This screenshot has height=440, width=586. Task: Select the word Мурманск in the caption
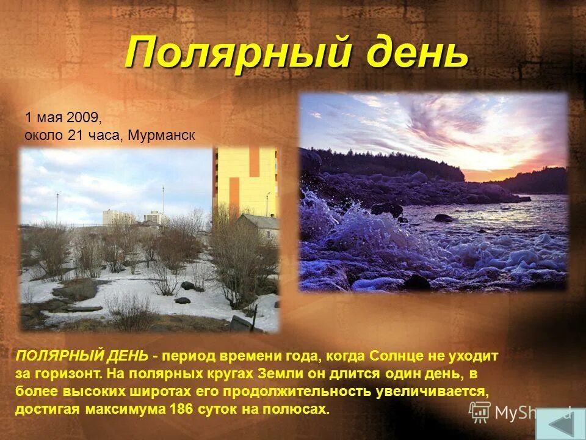pyautogui.click(x=162, y=135)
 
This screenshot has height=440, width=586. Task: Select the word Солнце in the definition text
pyautogui.click(x=385, y=355)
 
